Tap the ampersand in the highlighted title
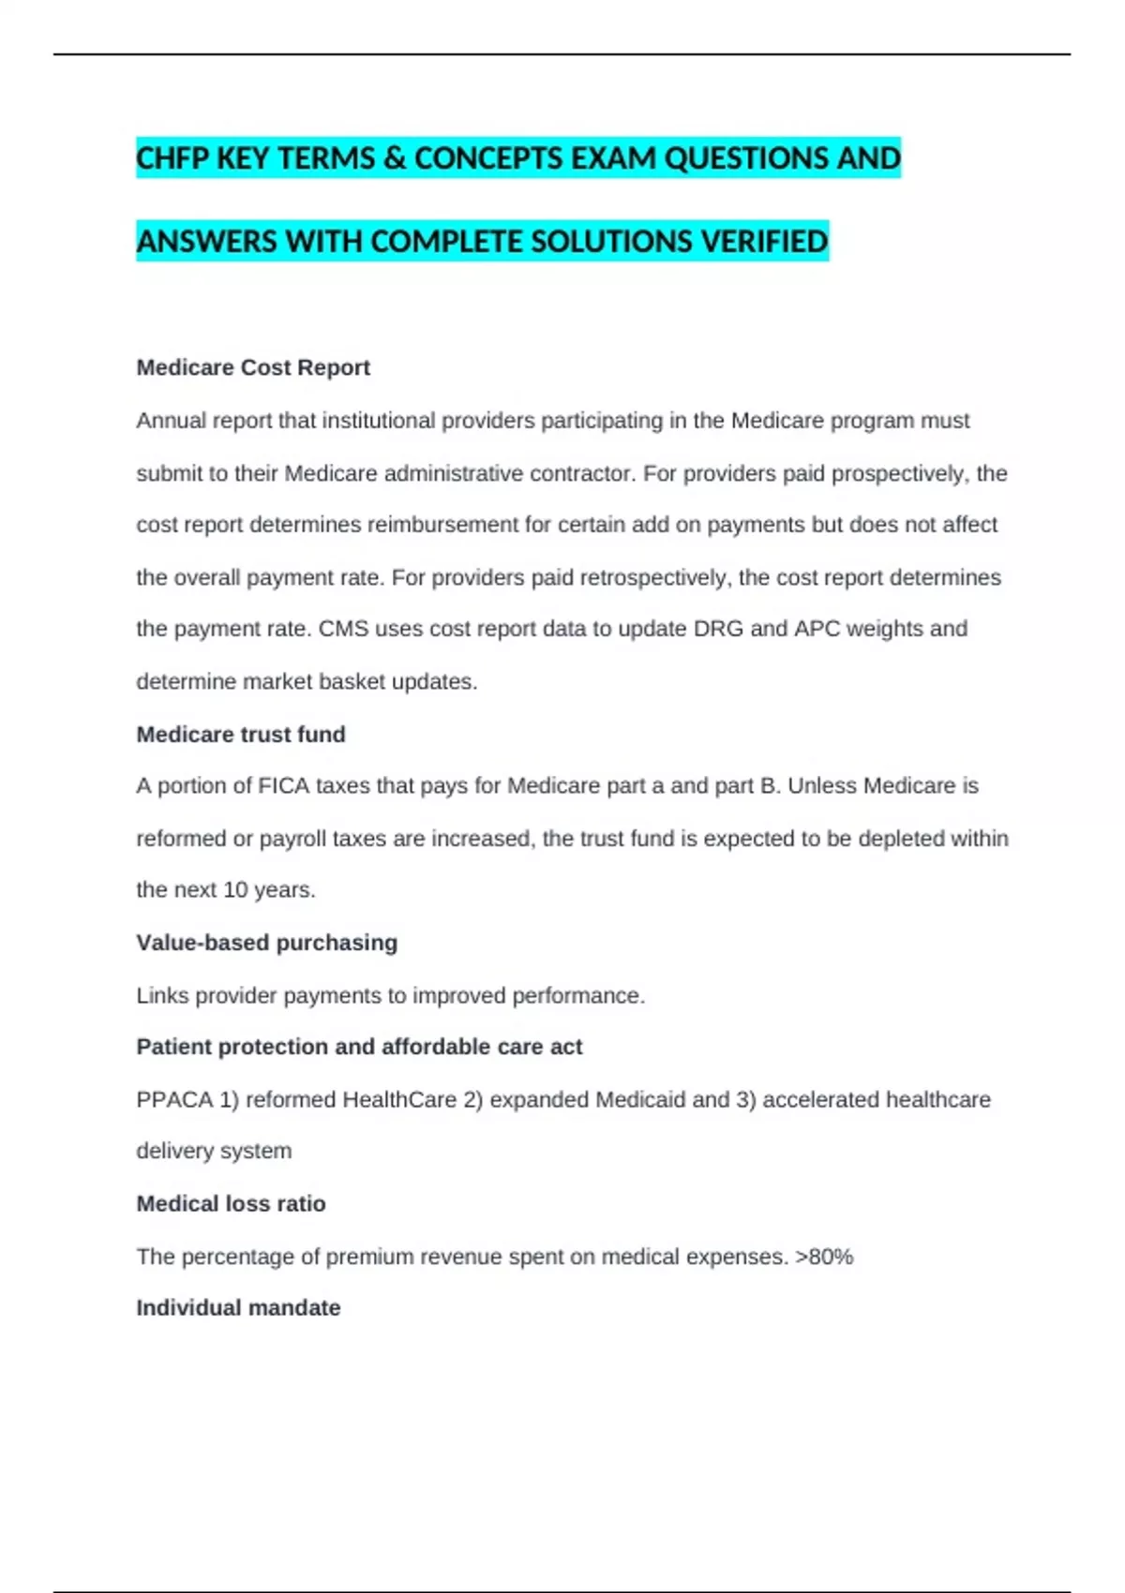point(395,158)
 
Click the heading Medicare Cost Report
point(253,367)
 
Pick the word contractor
point(582,473)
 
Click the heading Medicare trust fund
point(241,735)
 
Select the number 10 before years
point(235,889)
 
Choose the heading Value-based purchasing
point(267,943)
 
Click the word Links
point(162,995)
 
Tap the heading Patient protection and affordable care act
point(359,1047)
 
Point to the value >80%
point(824,1257)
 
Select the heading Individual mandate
point(238,1308)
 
